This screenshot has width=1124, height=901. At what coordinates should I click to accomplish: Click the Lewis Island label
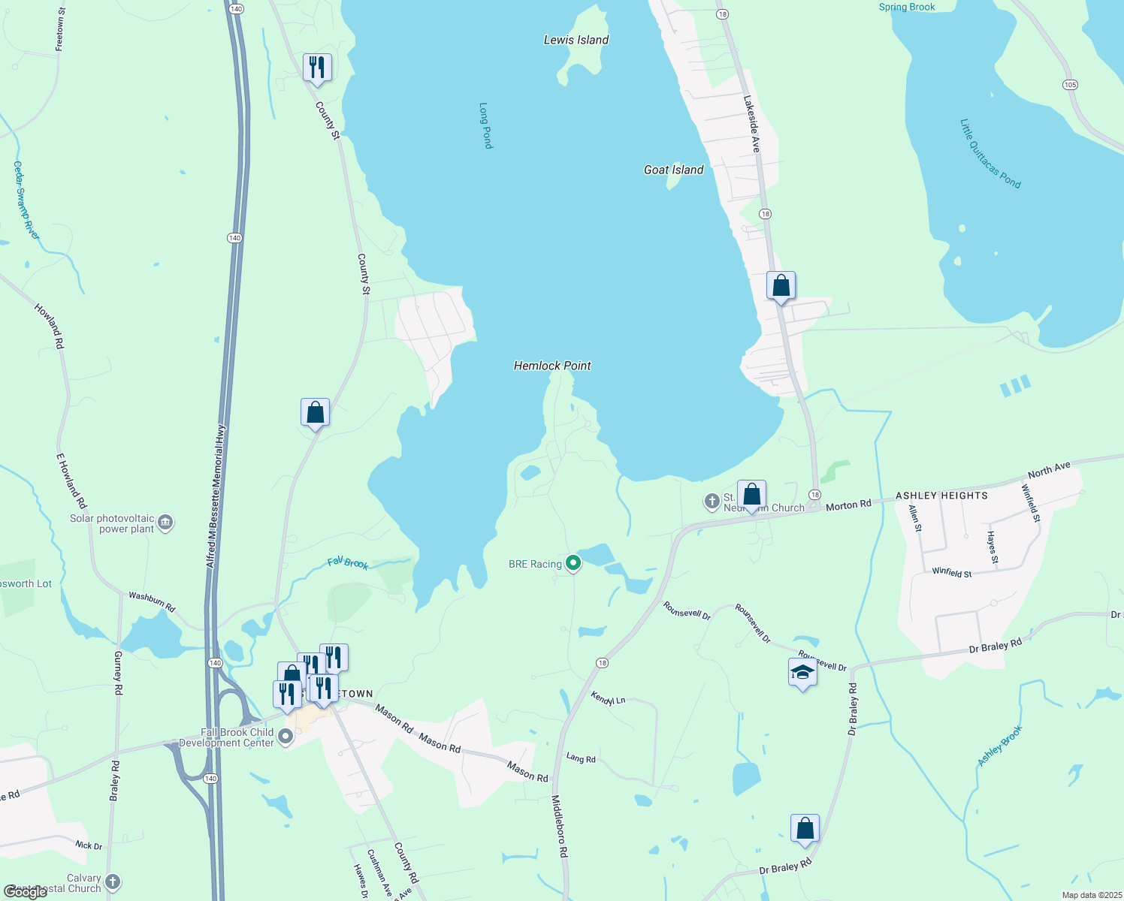(576, 40)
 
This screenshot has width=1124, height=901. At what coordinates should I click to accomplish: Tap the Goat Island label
(673, 170)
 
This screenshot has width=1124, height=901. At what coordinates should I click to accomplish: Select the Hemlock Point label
(552, 366)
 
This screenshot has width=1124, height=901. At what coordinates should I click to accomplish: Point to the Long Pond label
(485, 125)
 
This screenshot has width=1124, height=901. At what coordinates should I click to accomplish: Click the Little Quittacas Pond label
(990, 154)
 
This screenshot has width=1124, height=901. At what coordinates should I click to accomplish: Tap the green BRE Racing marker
(573, 562)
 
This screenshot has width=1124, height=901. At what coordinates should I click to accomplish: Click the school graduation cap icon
(802, 672)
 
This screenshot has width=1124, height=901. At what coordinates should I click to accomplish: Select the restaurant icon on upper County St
(317, 68)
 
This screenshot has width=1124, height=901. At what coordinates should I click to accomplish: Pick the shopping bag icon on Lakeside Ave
(781, 286)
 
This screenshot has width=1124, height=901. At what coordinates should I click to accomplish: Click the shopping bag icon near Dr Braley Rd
(805, 829)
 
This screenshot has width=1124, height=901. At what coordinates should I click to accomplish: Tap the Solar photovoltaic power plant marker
(166, 523)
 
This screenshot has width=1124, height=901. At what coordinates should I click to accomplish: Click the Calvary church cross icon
(113, 881)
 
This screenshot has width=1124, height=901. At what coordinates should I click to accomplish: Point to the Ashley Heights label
(941, 496)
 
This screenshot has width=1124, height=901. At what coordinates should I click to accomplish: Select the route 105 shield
(1070, 85)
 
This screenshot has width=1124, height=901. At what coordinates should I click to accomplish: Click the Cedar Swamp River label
(26, 200)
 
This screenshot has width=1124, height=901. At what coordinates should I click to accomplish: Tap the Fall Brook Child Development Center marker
(286, 737)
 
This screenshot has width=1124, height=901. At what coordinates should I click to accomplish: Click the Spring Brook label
(907, 7)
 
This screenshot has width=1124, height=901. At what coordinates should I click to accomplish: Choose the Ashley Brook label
(1000, 746)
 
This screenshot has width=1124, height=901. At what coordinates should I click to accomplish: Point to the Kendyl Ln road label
(608, 698)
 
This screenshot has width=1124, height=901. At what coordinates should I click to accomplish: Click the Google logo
(26, 892)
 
